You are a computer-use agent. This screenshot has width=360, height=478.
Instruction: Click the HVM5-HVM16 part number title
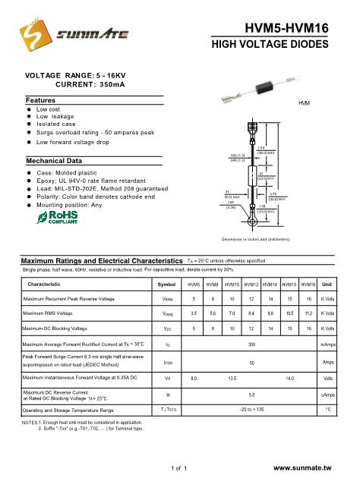pyautogui.click(x=288, y=28)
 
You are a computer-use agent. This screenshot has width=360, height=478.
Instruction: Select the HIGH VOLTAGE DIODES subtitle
pyautogui.click(x=279, y=45)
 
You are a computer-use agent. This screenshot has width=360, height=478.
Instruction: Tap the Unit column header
pyautogui.click(x=327, y=285)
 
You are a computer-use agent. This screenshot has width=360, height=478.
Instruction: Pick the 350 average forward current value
pyautogui.click(x=251, y=345)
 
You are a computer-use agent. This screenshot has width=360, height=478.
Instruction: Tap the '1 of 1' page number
pyautogui.click(x=180, y=469)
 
